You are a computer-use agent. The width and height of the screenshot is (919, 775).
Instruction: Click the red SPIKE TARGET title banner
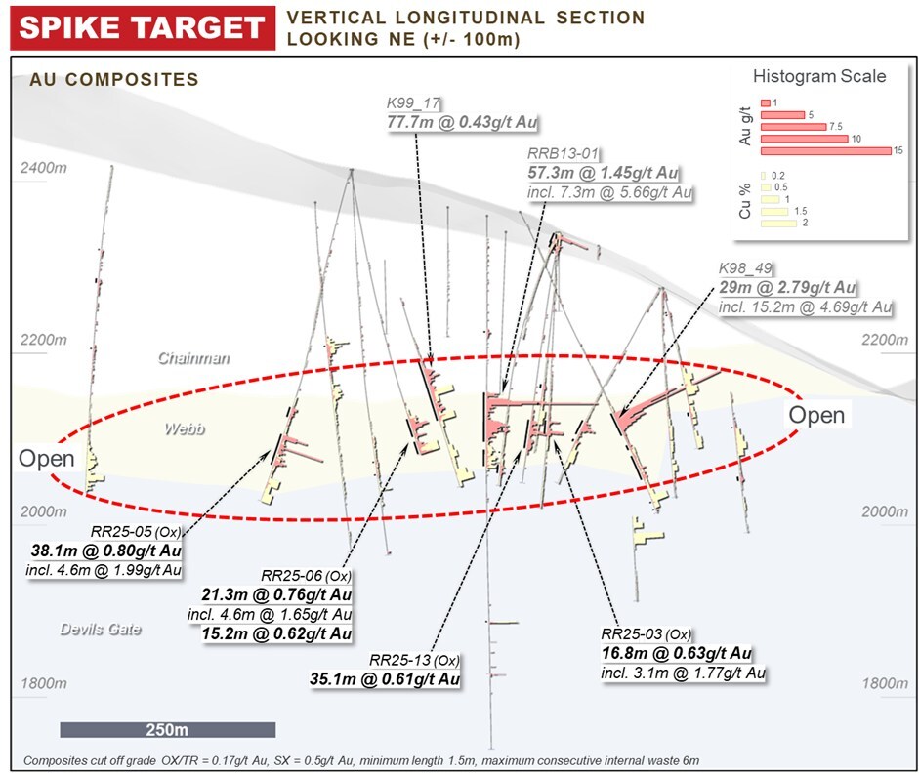pyautogui.click(x=143, y=27)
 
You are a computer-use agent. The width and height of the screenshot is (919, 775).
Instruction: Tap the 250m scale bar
pyautogui.click(x=168, y=729)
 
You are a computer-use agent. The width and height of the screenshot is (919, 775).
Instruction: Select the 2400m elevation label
pyautogui.click(x=44, y=168)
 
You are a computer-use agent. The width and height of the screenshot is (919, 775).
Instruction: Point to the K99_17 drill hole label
pyautogui.click(x=413, y=103)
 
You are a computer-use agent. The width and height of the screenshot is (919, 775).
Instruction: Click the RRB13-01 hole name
pyautogui.click(x=564, y=154)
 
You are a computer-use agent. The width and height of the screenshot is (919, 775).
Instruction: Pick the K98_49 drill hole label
pyautogui.click(x=745, y=268)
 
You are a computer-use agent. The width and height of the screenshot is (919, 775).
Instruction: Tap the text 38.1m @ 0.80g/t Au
pyautogui.click(x=106, y=551)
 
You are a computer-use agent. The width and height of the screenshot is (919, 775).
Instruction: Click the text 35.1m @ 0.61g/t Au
pyautogui.click(x=385, y=679)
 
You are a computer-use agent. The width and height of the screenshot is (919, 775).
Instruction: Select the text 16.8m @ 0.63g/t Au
pyautogui.click(x=677, y=653)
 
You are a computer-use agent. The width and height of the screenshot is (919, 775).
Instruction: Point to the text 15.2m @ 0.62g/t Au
pyautogui.click(x=276, y=633)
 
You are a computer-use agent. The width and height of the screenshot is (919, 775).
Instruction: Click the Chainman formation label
pyautogui.click(x=194, y=358)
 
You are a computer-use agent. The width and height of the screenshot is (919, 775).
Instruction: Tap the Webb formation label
pyautogui.click(x=186, y=428)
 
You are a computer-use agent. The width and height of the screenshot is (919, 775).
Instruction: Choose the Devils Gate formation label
pyautogui.click(x=101, y=630)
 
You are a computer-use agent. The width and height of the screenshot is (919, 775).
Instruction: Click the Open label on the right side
pyautogui.click(x=816, y=415)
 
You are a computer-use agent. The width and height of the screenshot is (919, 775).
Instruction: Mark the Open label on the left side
pyautogui.click(x=47, y=458)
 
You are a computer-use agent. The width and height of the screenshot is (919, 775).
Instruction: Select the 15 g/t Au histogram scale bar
pyautogui.click(x=826, y=151)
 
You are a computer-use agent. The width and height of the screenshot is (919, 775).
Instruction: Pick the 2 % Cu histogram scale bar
pyautogui.click(x=778, y=224)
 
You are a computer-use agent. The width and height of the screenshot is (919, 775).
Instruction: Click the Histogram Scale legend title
pyautogui.click(x=819, y=76)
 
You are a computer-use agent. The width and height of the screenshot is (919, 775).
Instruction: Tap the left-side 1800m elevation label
pyautogui.click(x=44, y=683)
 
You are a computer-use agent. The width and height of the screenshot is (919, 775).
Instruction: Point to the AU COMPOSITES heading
pyautogui.click(x=114, y=80)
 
